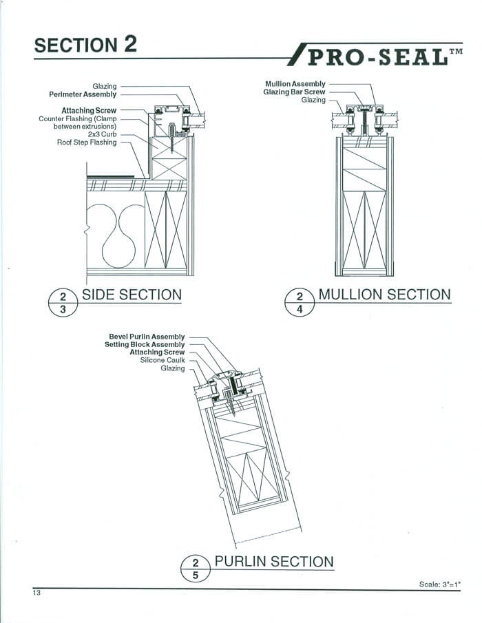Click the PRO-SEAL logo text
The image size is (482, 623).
click(377, 56)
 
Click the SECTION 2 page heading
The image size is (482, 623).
click(86, 45)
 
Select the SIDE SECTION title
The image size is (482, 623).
click(132, 295)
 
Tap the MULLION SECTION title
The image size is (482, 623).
click(384, 295)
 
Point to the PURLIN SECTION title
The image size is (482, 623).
click(274, 561)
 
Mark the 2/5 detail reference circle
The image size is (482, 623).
click(196, 568)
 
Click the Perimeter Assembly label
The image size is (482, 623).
click(83, 94)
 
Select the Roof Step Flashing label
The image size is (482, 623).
click(87, 142)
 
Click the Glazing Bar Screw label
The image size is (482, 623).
click(295, 92)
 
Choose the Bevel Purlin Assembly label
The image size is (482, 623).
click(147, 337)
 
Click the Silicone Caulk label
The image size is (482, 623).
click(162, 360)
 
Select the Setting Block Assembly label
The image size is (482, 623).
click(145, 344)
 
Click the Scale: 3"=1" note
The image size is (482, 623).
click(439, 584)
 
